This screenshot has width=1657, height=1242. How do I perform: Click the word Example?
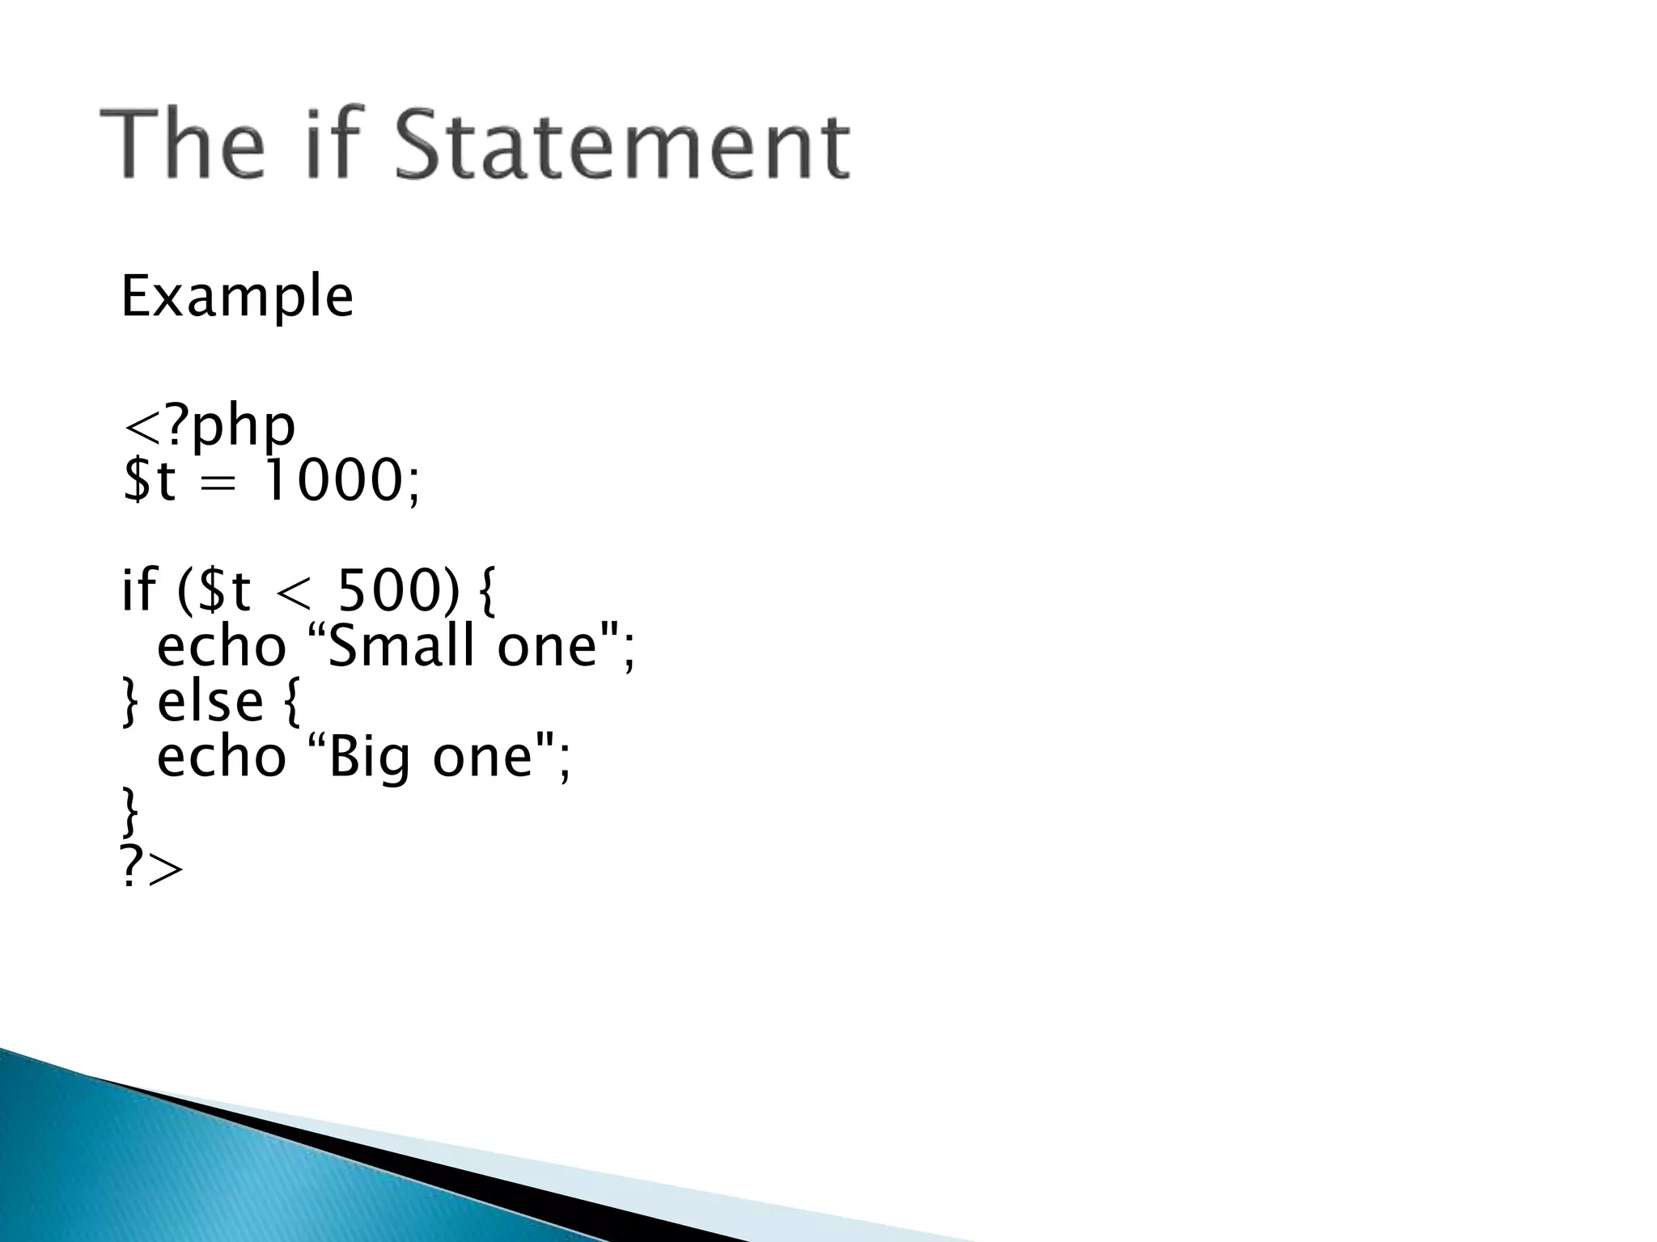click(x=236, y=298)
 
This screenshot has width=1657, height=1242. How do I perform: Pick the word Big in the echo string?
click(x=368, y=758)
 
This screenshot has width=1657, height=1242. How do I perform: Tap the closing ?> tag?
click(x=151, y=868)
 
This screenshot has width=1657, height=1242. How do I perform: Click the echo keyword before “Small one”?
click(x=222, y=648)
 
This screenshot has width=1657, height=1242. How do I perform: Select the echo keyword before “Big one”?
click(x=222, y=758)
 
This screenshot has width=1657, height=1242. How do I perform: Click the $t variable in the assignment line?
click(x=149, y=481)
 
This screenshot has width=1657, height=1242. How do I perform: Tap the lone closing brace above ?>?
click(x=129, y=813)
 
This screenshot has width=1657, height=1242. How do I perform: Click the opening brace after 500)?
click(x=486, y=591)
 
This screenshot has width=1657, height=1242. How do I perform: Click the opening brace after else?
click(x=292, y=702)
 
